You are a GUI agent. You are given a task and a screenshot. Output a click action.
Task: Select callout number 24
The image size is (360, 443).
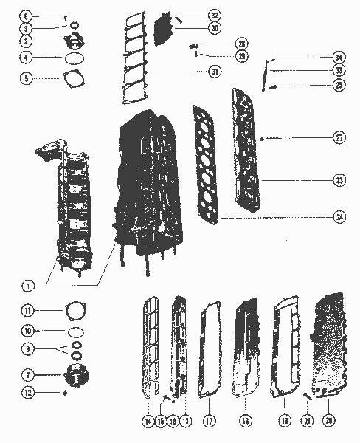coord(339,217)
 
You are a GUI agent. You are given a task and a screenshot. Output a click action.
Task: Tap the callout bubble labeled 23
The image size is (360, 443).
coord(339,179)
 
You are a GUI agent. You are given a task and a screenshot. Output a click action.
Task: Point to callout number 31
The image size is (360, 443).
coord(215,72)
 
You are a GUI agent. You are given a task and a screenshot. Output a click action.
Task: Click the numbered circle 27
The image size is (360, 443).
coord(339,138)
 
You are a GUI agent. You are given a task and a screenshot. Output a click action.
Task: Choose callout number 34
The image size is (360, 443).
coord(339,57)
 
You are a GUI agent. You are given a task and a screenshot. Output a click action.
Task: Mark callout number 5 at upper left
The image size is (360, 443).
coord(26,77)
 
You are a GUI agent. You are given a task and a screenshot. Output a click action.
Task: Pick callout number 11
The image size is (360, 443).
coord(26,311)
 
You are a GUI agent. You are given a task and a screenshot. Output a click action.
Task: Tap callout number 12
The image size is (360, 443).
coord(26,393)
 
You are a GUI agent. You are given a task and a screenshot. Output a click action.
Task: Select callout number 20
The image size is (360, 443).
coord(329,420)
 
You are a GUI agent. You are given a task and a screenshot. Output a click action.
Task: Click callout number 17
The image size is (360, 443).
coord(210,420)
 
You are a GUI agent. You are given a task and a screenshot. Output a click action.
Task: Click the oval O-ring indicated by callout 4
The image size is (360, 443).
coord(74,57)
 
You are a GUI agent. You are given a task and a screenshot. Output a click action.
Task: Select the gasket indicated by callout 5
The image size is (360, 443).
coord(75,77)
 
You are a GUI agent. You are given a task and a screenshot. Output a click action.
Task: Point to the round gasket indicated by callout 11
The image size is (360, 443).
coord(75,310)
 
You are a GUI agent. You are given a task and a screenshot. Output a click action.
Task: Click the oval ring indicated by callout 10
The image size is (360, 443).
coord(74,331)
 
